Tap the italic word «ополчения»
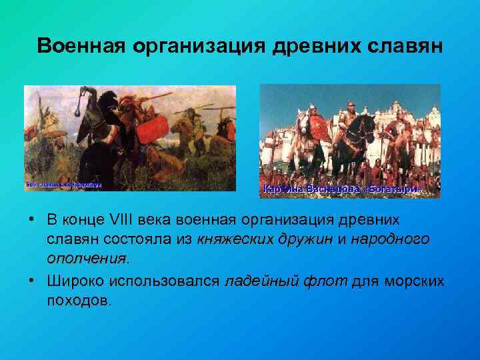pyautogui.click(x=86, y=258)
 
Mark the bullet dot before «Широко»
pyautogui.click(x=31, y=281)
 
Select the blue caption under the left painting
pyautogui.click(x=64, y=184)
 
